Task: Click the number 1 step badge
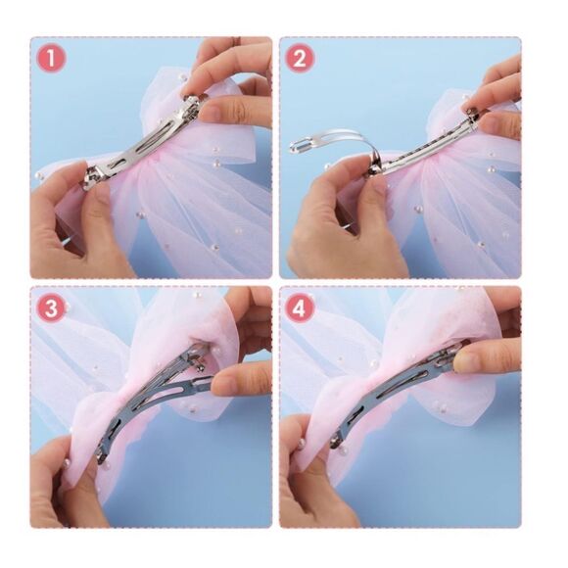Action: pos(51,59)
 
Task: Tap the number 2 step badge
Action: pos(300,59)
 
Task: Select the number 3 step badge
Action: pos(51,309)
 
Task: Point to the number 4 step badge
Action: pos(300,309)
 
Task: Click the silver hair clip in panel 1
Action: pos(145,143)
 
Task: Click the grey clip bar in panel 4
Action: pos(395,391)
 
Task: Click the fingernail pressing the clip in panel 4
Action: pos(463,361)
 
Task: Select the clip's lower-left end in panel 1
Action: pos(90,179)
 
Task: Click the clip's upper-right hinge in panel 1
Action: pos(194,103)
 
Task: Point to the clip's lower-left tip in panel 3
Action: pos(100,458)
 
